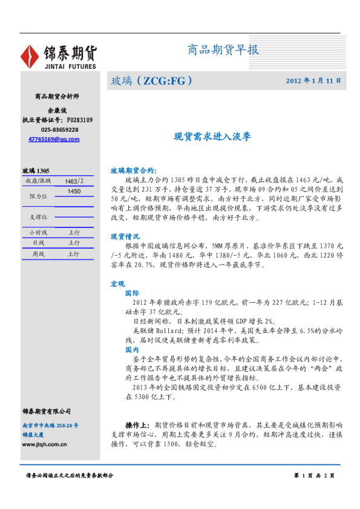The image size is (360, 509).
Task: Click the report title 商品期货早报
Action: [223, 50]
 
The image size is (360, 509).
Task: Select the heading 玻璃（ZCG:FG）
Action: [151, 80]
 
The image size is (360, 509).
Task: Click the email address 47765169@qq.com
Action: [54, 139]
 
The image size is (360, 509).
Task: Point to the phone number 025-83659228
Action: [59, 130]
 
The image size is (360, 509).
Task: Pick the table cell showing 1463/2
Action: [74, 181]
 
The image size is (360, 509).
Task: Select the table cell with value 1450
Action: [74, 191]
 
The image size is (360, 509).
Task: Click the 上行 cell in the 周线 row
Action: [74, 254]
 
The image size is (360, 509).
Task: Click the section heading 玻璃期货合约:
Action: [133, 171]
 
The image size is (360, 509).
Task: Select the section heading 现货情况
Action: [125, 236]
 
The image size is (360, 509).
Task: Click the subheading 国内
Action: [132, 349]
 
